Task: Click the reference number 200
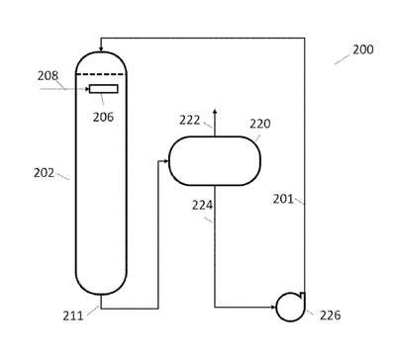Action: point(363,49)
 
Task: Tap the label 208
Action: point(48,76)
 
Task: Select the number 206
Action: point(103,117)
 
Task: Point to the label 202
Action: point(44,173)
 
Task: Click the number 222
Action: point(190,120)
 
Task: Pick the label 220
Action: point(260,124)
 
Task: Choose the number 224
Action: point(202,206)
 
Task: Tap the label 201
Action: point(283,199)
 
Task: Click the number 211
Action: point(73,315)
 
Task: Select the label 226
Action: point(330,315)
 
